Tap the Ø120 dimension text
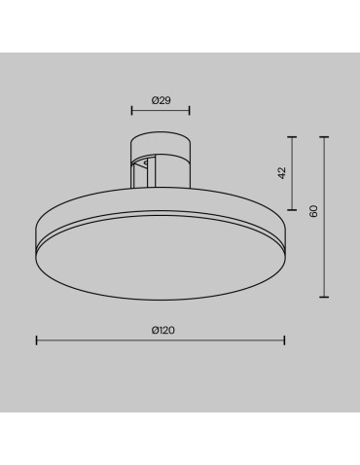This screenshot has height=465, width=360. [162, 330]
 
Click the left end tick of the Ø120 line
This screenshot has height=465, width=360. [37, 340]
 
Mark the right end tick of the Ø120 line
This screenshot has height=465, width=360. [284, 340]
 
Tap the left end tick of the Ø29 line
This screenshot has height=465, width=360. [132, 111]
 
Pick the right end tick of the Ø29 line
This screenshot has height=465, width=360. [190, 111]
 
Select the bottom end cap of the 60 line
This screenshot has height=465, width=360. [324, 297]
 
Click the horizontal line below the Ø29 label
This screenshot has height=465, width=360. [161, 111]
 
